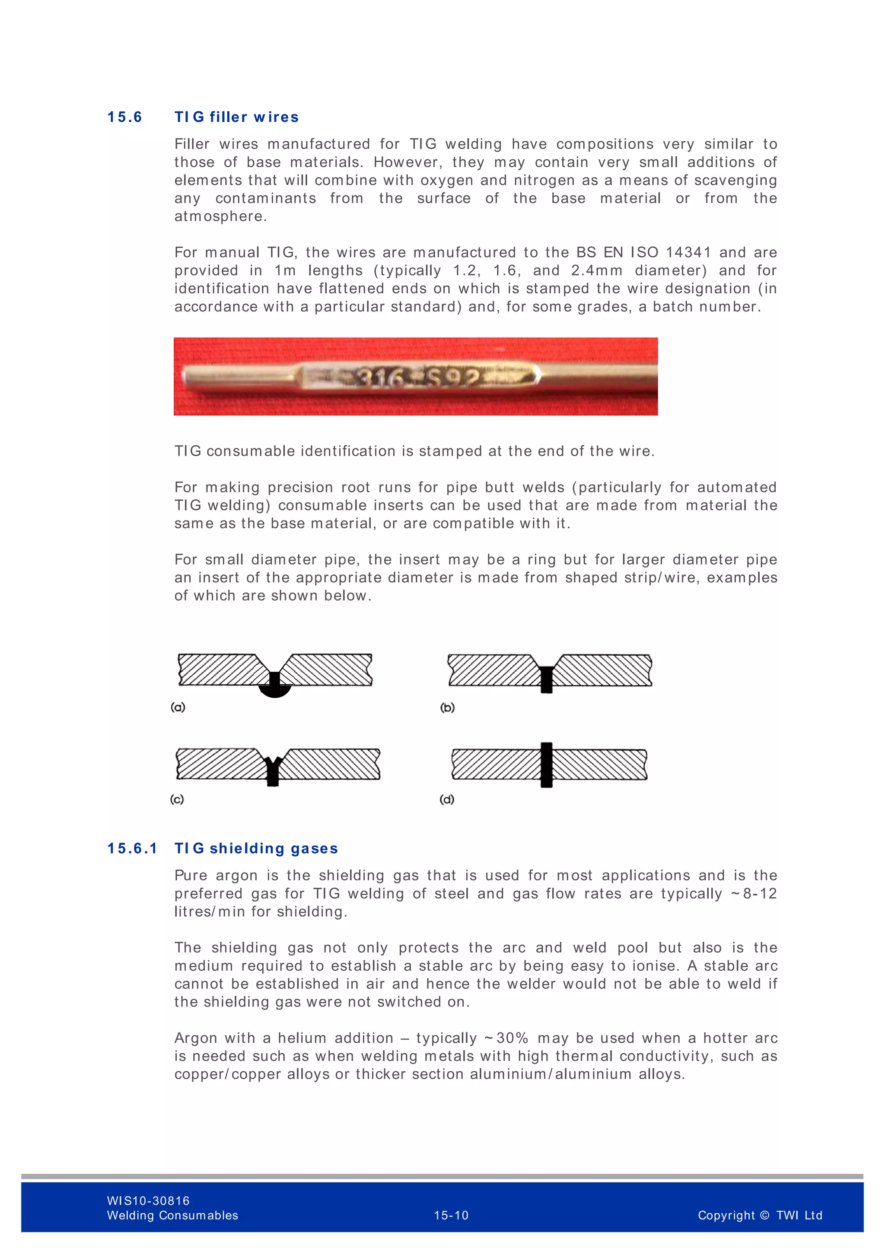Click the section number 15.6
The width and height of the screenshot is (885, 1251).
(124, 117)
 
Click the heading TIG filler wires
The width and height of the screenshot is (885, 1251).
(236, 117)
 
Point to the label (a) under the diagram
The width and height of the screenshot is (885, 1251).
(178, 707)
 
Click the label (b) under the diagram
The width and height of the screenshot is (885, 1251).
(447, 708)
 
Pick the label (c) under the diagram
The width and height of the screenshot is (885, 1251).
(177, 799)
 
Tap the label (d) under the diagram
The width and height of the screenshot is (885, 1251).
(447, 799)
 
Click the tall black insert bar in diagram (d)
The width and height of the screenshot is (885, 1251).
(547, 765)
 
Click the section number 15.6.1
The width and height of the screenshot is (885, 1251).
(132, 848)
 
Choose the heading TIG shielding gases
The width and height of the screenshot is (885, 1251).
(256, 848)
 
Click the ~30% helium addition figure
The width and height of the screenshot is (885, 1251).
(506, 1038)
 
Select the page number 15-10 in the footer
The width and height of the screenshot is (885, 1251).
(451, 1215)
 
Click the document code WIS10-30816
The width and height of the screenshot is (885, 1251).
(148, 1200)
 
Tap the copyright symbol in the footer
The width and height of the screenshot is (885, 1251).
(764, 1215)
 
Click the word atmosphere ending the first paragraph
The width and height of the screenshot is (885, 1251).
(220, 216)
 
